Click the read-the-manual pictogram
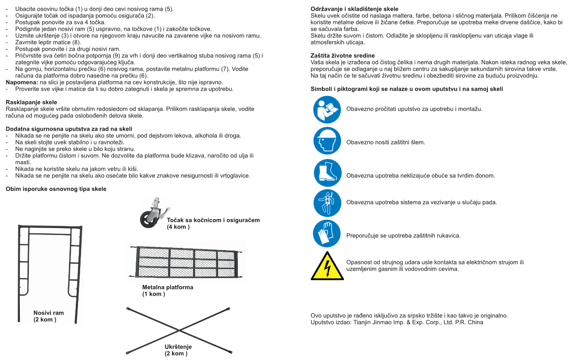[327, 110]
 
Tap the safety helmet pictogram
[327, 141]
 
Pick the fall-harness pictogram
[327, 203]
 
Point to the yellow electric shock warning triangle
[326, 266]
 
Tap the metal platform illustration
[187, 262]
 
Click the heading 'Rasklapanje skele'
[31, 102]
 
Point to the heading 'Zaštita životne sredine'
[343, 56]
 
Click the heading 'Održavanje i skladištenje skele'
[354, 9]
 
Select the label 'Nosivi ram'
[49, 313]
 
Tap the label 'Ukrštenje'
[178, 347]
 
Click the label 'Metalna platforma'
[168, 287]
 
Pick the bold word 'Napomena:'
[22, 82]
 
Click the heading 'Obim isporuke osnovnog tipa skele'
[56, 189]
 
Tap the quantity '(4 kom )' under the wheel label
[178, 227]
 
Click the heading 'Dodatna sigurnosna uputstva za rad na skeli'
[69, 129]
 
